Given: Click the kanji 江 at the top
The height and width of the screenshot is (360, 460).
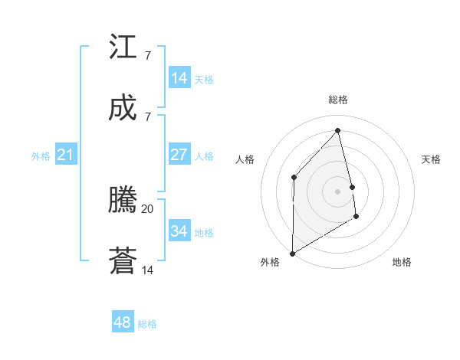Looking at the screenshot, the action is coord(123,47).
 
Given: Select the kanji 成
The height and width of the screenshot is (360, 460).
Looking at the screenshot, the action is coord(123,108).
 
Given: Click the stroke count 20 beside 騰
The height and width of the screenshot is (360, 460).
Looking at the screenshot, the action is coord(148,208).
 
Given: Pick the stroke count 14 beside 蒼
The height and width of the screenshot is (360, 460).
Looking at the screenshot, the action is coord(148,270).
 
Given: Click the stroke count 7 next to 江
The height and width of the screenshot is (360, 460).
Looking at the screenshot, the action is coord(147,56).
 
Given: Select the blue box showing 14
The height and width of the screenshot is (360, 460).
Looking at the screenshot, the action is coord(179,78).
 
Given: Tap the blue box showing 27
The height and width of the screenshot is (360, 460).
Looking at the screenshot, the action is coord(179,155).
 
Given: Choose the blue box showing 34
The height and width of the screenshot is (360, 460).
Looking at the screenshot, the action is coord(179,231).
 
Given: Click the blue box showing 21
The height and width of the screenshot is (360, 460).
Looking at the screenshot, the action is coord(65,155).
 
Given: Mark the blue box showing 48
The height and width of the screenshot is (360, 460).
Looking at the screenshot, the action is coord(122,322).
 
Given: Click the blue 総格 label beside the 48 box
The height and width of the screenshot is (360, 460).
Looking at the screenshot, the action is coord(147,324).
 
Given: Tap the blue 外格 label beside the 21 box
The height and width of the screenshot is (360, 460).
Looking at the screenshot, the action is coord(41,156).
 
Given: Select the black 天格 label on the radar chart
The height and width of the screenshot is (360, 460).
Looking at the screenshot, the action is coord(431,159).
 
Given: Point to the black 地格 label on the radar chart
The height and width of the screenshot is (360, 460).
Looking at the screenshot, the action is coord(402,262).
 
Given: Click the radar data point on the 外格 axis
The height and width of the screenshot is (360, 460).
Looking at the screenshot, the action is coord(292,253).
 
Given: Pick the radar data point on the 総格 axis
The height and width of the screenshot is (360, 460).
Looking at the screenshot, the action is coord(337,130).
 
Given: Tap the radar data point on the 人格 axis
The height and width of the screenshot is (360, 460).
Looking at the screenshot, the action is coord(294,178).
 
